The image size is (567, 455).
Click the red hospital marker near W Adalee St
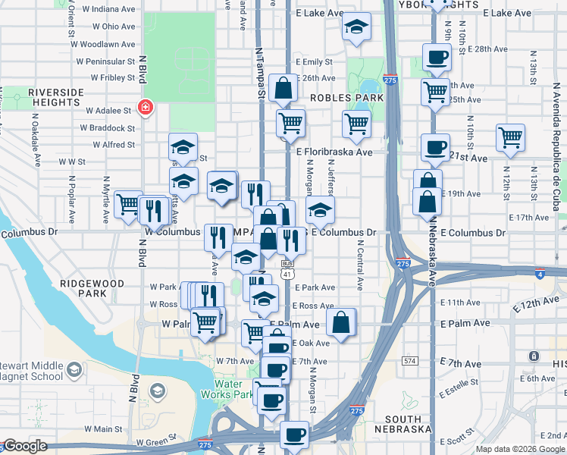click(x=144, y=108)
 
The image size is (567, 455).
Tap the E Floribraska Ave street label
click(x=334, y=152)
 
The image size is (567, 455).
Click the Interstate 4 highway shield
click(x=539, y=275)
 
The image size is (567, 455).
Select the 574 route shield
click(x=411, y=361)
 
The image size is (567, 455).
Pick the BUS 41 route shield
click(x=287, y=268)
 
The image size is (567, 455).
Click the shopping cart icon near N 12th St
click(x=511, y=138)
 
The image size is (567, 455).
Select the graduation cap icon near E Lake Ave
click(x=356, y=28)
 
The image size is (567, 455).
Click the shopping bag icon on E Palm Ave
click(x=341, y=322)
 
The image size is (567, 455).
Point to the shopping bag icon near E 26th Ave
click(x=283, y=88)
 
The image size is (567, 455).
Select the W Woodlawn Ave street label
click(x=106, y=45)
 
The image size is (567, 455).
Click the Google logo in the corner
click(x=25, y=446)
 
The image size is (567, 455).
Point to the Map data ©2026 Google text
click(x=519, y=449)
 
